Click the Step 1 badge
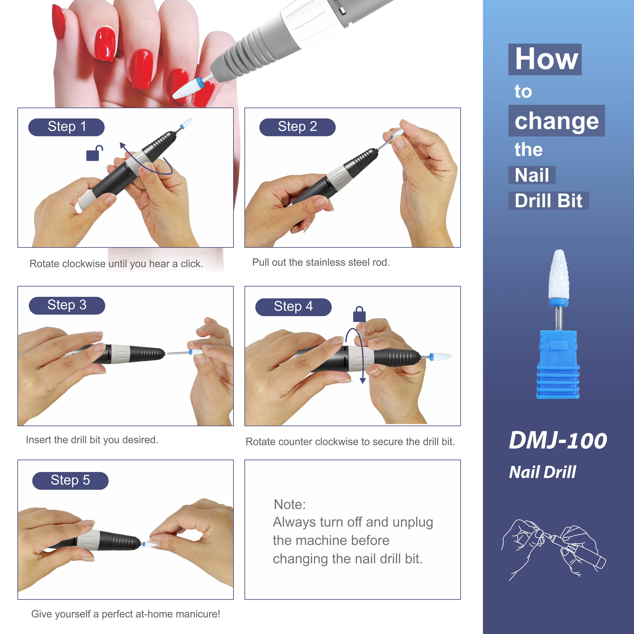(66, 127)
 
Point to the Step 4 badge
(293, 307)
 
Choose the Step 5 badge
(70, 480)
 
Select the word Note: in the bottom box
(289, 504)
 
